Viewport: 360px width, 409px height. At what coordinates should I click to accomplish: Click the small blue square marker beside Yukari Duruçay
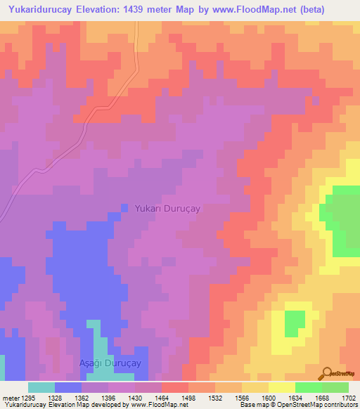(124, 208)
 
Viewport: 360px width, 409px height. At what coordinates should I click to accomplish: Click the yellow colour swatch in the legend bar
(281, 387)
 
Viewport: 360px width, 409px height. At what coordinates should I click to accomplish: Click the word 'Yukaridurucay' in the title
(41, 9)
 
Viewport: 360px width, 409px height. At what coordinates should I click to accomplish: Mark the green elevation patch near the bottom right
(295, 322)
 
